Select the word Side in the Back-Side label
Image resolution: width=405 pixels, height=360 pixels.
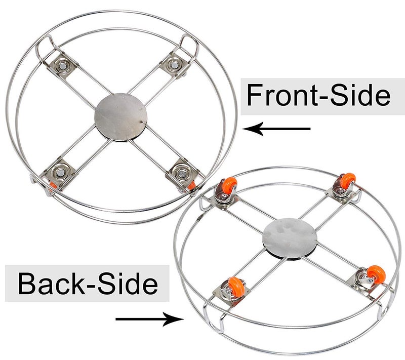[128, 284]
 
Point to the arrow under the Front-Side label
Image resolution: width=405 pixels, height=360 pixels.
[276, 129]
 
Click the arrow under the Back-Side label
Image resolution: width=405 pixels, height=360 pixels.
[149, 319]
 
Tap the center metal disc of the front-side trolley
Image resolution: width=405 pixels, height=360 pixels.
[121, 117]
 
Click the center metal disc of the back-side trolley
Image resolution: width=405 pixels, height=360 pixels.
[290, 238]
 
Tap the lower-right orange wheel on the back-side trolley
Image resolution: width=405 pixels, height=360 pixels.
[376, 274]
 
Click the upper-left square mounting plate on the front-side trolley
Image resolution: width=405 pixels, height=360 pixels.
[61, 66]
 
